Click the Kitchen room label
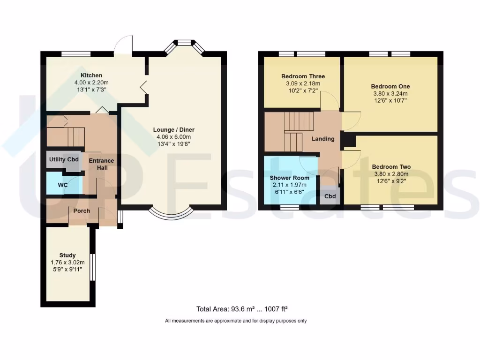[x=91, y=75]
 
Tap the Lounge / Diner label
[x=174, y=130]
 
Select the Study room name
[x=67, y=255]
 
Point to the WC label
[x=63, y=185]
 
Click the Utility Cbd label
[x=64, y=159]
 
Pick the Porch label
[x=82, y=211]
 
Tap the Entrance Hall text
[x=102, y=164]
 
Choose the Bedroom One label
[x=390, y=87]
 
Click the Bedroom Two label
[x=391, y=167]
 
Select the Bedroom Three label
[x=303, y=76]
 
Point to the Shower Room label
[x=289, y=178]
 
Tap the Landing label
[x=323, y=139]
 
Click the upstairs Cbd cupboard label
[x=330, y=196]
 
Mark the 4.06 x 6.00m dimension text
[x=173, y=137]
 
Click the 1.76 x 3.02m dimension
[x=67, y=262]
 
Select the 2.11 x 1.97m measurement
[x=290, y=185]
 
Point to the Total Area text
[x=242, y=309]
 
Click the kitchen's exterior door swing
[x=123, y=45]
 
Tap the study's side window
[x=92, y=267]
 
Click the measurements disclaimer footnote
[x=236, y=321]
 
